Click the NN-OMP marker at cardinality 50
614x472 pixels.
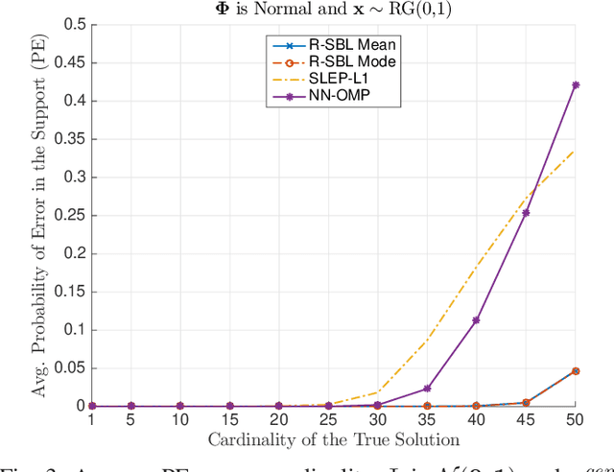(x=576, y=84)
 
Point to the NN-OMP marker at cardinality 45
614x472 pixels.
(x=526, y=212)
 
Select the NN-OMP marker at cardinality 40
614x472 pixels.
(x=476, y=319)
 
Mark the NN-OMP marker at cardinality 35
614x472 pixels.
(x=427, y=389)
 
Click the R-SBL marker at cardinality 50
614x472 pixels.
(x=576, y=370)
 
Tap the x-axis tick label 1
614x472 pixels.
(x=91, y=420)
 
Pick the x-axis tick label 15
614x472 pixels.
(x=228, y=420)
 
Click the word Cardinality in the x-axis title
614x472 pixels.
(x=253, y=439)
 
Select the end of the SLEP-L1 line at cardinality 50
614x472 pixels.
(x=576, y=149)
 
